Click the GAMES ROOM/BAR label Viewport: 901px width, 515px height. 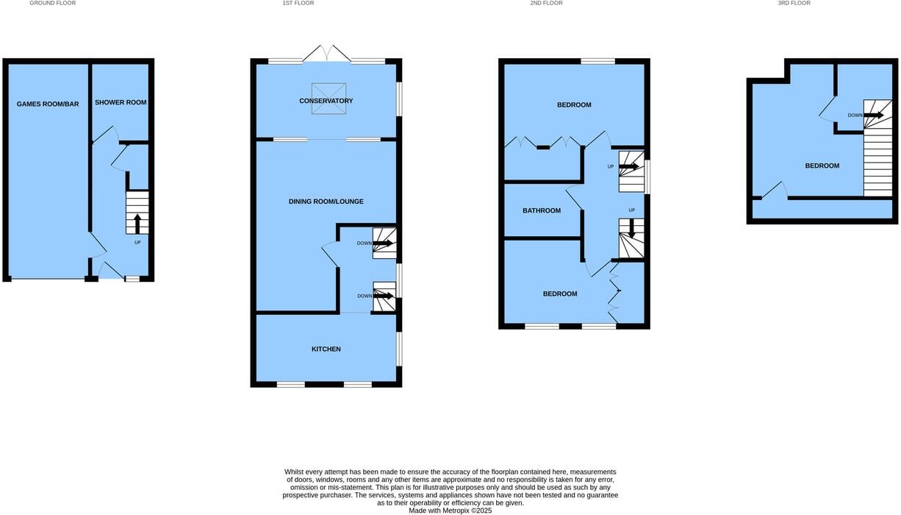click(48, 104)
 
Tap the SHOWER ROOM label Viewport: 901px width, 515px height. click(121, 102)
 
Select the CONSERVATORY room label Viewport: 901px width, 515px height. click(326, 101)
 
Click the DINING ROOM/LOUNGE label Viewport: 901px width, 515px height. click(326, 202)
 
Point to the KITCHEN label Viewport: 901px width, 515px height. click(326, 349)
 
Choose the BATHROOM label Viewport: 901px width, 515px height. click(541, 210)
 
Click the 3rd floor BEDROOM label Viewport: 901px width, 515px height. click(822, 166)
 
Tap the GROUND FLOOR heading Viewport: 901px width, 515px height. click(52, 4)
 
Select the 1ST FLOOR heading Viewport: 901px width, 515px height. click(298, 4)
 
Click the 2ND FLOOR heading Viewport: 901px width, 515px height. click(546, 4)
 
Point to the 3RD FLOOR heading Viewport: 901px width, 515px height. click(794, 4)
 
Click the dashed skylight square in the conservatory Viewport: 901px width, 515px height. click(329, 99)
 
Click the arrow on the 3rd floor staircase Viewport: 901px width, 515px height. click(874, 115)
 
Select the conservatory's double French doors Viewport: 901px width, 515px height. click(329, 54)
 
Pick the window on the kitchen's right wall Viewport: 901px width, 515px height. click(399, 349)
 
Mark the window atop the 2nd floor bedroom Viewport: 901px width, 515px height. click(598, 61)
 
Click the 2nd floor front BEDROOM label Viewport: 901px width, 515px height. click(559, 294)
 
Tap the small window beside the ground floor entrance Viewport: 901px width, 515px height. click(132, 279)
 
